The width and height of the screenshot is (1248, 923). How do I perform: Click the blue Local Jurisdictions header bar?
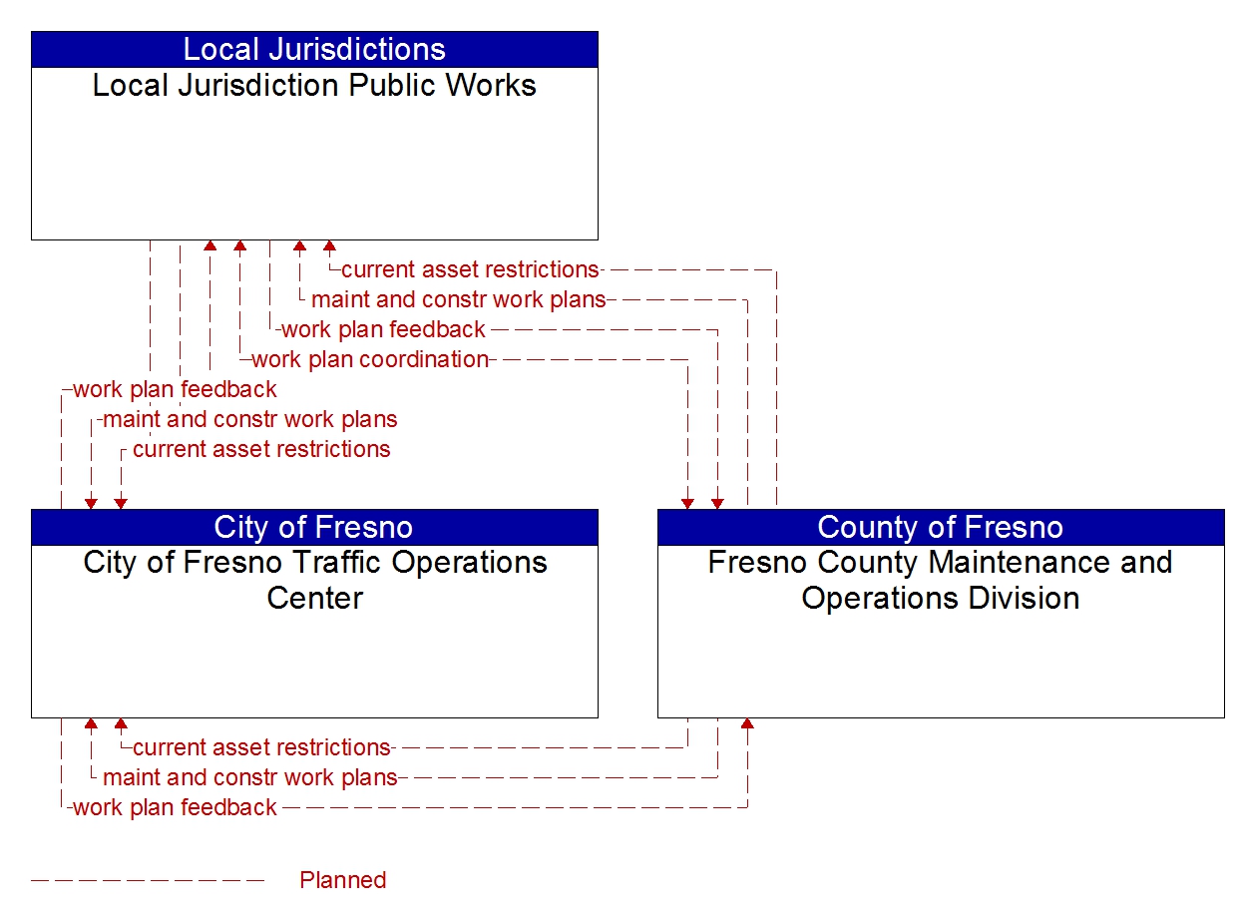(x=314, y=49)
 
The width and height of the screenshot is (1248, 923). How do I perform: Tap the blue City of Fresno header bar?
(x=314, y=527)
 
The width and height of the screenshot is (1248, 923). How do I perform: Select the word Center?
(x=314, y=599)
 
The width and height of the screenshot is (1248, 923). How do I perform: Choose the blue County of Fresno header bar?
(x=940, y=527)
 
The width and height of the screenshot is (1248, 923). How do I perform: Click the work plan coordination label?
(x=369, y=359)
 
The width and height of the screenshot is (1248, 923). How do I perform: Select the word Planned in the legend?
(x=342, y=880)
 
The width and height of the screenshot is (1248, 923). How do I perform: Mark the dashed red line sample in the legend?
(x=148, y=880)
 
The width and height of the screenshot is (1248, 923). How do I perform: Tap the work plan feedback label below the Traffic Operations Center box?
(x=175, y=807)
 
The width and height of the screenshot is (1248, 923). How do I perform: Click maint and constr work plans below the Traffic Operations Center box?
(x=249, y=777)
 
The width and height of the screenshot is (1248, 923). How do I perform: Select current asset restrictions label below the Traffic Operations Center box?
(x=261, y=747)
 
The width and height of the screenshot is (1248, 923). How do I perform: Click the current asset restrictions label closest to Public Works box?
(x=469, y=269)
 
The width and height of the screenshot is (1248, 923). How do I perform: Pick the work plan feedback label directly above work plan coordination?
(x=383, y=329)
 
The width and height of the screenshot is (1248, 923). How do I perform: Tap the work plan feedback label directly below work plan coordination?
(x=175, y=389)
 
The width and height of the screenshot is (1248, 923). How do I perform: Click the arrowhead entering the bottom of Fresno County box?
(x=747, y=723)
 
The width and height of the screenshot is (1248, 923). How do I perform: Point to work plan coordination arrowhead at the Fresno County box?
(x=687, y=503)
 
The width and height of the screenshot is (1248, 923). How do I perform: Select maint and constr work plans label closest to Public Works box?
(x=458, y=299)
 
